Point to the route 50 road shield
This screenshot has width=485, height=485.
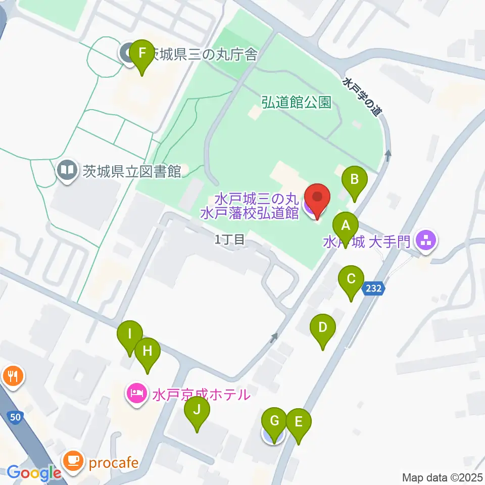(x=16, y=417)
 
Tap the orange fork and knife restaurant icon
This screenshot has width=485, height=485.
(x=12, y=376)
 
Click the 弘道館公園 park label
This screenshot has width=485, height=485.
(x=296, y=103)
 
